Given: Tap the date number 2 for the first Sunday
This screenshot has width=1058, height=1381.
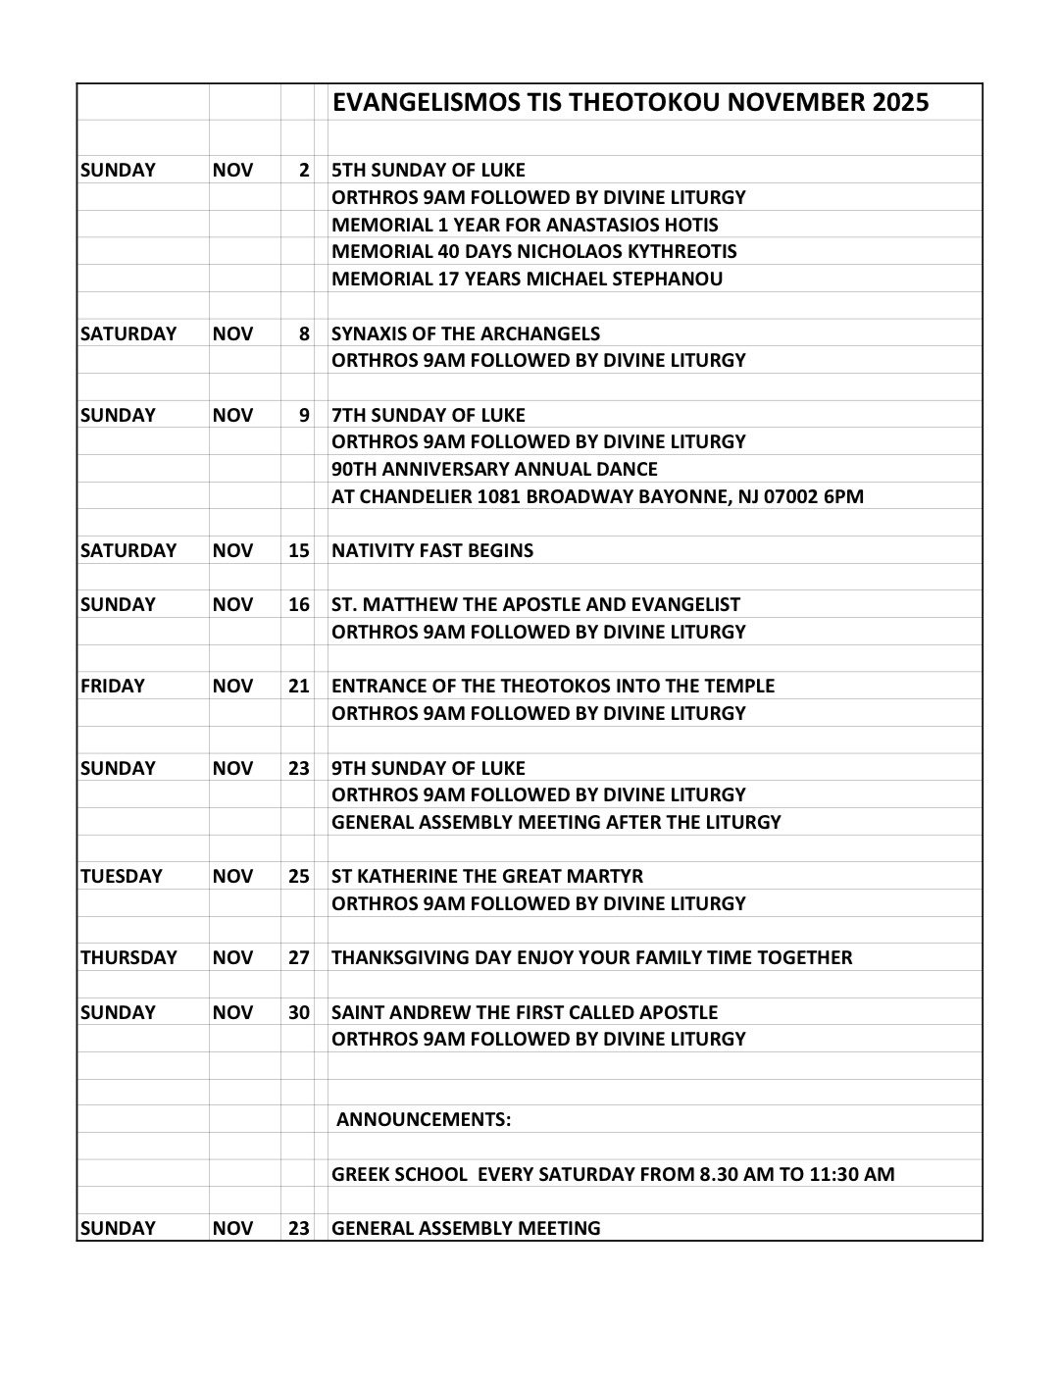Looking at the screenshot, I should coord(304,171).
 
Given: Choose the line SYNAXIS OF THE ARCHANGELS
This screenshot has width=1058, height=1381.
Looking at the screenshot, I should coord(466,333).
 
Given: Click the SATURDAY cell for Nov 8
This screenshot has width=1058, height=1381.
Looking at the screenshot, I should coord(128,333).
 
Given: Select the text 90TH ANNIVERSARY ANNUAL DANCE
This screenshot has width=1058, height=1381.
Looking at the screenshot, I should coord(494,469).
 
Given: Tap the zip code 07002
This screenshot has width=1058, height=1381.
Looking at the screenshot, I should coord(785,496).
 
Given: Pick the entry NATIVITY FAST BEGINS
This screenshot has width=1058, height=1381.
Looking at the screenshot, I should coord(432,550).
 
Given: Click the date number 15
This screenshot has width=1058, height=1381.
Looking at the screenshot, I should coord(299,550).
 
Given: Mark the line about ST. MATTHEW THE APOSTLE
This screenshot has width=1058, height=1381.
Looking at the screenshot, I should coord(535,604).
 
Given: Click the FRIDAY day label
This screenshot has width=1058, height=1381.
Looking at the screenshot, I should coord(113,686).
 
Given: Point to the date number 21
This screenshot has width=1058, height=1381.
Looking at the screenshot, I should coord(299,686).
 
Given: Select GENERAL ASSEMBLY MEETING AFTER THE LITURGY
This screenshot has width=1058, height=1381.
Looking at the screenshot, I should coord(556,822).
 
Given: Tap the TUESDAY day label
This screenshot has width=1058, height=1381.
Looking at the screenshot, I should coord(122,876).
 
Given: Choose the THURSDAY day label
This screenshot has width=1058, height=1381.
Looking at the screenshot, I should coord(129,957).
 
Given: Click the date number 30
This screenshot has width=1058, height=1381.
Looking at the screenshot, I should coord(299,1012).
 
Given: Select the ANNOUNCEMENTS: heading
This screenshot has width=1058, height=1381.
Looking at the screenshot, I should coord(424,1120).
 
